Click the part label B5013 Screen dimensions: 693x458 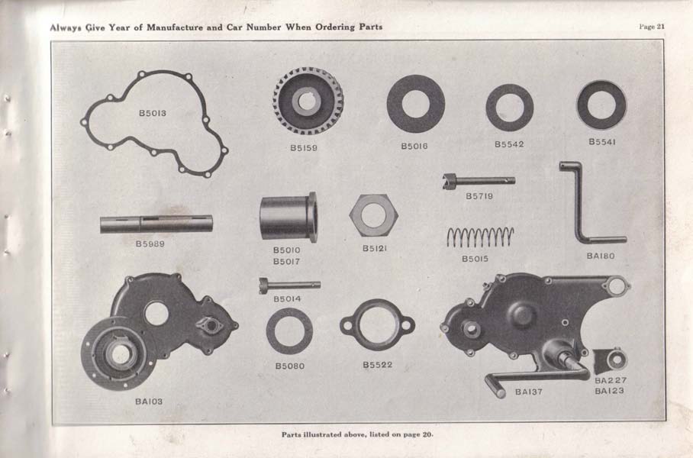[x=153, y=113]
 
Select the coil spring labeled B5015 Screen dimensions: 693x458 [x=480, y=237]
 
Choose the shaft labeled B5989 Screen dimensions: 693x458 [x=156, y=224]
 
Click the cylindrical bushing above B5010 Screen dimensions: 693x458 [x=288, y=218]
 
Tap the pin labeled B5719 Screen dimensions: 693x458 [x=479, y=180]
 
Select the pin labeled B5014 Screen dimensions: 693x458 [x=289, y=285]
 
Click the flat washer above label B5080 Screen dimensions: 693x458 [x=270, y=331]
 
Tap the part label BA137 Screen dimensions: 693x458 [x=529, y=392]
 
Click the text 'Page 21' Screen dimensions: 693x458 [x=652, y=27]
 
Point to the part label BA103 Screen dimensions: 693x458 [x=149, y=402]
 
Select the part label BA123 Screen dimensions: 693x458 [x=609, y=391]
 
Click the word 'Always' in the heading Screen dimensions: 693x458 [x=66, y=27]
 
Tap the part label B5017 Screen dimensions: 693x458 [x=286, y=262]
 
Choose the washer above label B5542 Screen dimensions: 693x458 [x=492, y=108]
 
